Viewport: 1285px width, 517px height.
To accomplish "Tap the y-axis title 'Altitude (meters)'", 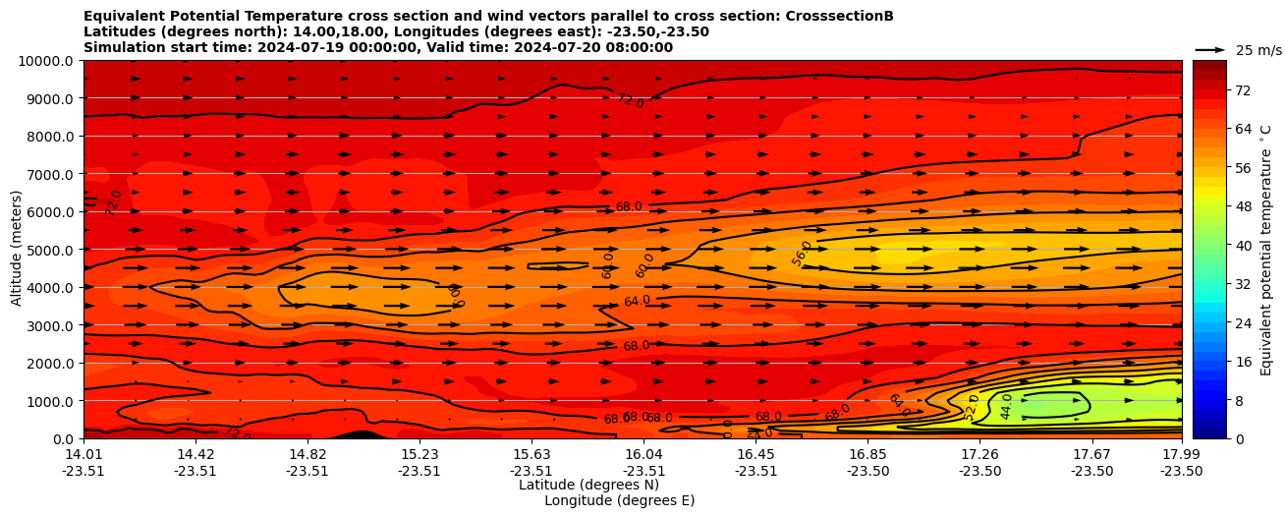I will pos(17,250).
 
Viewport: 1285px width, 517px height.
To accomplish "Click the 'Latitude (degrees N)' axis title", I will pos(588,485).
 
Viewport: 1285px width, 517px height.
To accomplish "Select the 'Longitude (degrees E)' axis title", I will pos(619,500).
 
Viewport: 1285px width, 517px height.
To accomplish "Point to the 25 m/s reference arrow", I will pos(1210,49).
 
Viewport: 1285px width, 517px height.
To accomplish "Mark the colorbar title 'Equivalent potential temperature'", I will pos(1266,250).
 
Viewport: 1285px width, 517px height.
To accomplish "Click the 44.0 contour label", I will pos(1006,407).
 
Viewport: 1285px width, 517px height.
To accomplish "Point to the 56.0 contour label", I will pos(803,253).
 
